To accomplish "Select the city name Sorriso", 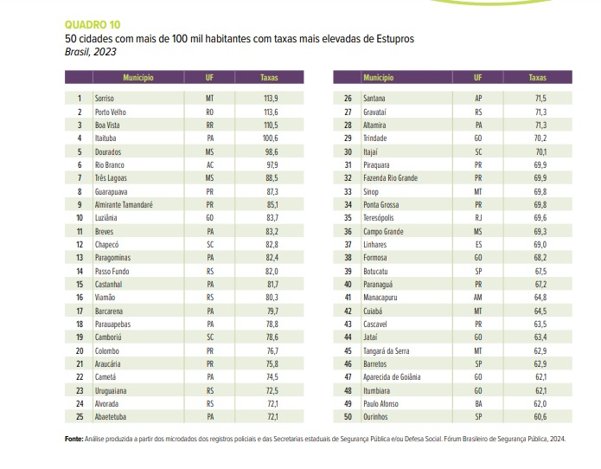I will (x=106, y=99).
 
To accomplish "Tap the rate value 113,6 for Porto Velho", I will (x=270, y=112).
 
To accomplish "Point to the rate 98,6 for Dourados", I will (x=270, y=151).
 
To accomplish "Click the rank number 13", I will (x=80, y=257).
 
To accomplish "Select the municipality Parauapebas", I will (x=112, y=324).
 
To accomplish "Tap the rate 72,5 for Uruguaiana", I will (x=270, y=390).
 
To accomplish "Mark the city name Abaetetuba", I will (x=112, y=416).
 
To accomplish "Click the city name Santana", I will (x=374, y=99).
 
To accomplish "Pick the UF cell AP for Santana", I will (x=478, y=99).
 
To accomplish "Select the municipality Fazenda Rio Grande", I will (x=391, y=178).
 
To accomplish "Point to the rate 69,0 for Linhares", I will (x=540, y=244).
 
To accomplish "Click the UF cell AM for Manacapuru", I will (x=478, y=297).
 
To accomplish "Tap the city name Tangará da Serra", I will (x=388, y=350).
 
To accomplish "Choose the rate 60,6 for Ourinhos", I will (x=540, y=416).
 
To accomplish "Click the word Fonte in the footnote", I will (x=74, y=440).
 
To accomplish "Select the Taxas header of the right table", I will (x=537, y=78).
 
